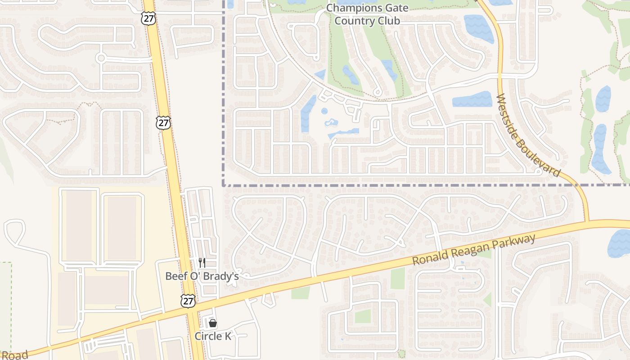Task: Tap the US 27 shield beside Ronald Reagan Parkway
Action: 188,301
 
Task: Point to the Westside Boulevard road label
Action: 528,135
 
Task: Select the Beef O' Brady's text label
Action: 202,276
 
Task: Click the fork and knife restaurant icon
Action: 202,263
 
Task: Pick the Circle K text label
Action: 213,336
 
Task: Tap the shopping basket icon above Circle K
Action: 213,323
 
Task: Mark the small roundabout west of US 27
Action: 101,58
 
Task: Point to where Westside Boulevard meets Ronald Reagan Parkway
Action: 588,221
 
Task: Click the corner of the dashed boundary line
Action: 224,185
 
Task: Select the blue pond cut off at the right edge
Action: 619,243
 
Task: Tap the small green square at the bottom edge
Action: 401,354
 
